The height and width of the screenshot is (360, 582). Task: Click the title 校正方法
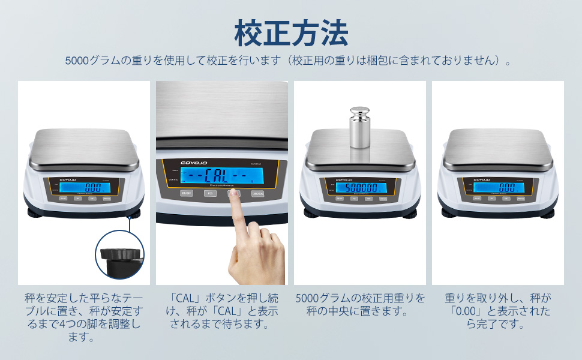point(291,33)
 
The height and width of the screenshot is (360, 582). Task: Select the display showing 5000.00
point(359,187)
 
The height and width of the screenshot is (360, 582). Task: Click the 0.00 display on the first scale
point(84,187)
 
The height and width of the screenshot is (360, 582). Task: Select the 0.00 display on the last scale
point(498,187)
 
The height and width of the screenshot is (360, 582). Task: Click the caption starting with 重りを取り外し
point(498,311)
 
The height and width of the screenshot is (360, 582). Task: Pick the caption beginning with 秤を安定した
point(84,318)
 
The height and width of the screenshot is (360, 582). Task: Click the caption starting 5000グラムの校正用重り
point(360,305)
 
